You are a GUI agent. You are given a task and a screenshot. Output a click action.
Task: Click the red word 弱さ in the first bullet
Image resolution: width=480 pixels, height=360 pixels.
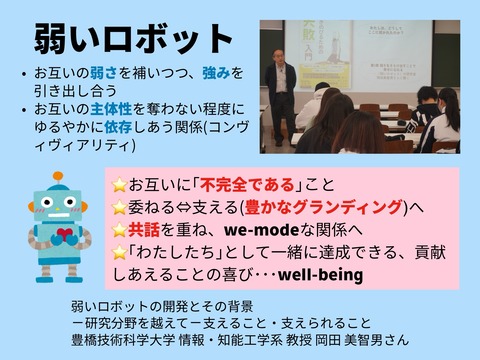(98, 73)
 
